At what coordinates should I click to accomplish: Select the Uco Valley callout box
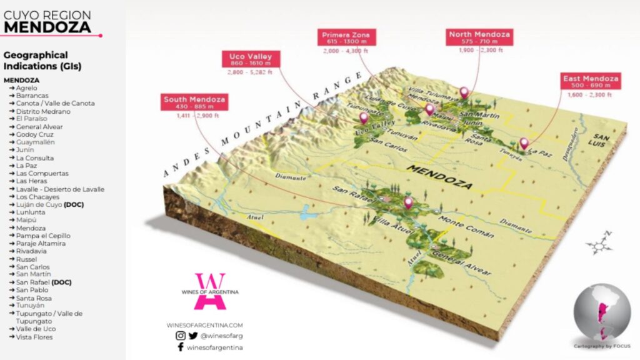[x=250, y=60]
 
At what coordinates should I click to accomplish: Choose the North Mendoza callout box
[x=479, y=37]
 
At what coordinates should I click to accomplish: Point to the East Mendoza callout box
[x=591, y=82]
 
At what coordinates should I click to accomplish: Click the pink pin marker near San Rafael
[x=409, y=203]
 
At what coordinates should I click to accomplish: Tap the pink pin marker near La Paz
[x=524, y=143]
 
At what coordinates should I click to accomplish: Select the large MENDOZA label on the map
[x=435, y=173]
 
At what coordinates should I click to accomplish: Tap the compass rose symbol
[x=601, y=242]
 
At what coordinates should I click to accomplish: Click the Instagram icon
[x=180, y=336]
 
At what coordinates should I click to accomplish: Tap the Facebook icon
[x=180, y=347]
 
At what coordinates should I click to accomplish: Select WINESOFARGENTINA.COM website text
[x=204, y=325]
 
